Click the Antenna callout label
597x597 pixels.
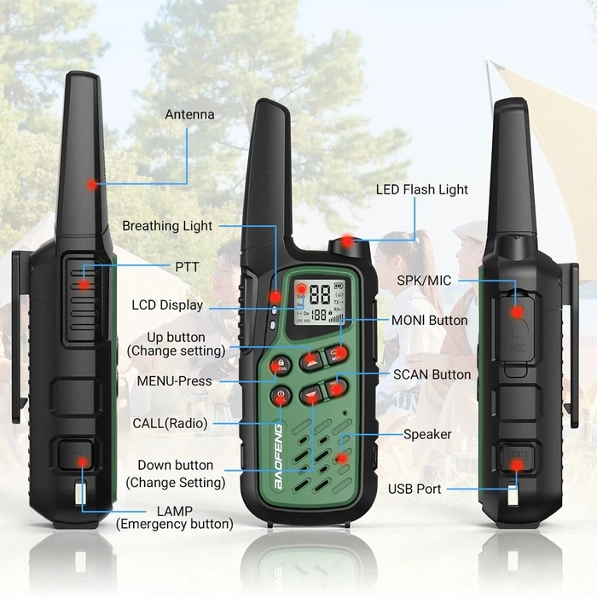pyautogui.click(x=189, y=114)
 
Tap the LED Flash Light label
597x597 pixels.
pyautogui.click(x=422, y=189)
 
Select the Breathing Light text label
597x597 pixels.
pyautogui.click(x=167, y=226)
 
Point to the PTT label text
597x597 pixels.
pyautogui.click(x=187, y=267)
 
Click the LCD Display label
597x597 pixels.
pyautogui.click(x=167, y=304)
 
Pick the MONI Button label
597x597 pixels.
pyautogui.click(x=429, y=320)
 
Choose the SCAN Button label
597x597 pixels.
pyautogui.click(x=432, y=374)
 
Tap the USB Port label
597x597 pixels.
pyautogui.click(x=415, y=489)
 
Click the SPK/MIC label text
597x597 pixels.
pyautogui.click(x=424, y=280)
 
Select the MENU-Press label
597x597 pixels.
pyautogui.click(x=174, y=380)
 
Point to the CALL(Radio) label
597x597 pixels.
pyautogui.click(x=170, y=422)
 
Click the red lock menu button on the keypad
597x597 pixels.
pyautogui.click(x=281, y=365)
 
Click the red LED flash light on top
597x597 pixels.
pyautogui.click(x=347, y=243)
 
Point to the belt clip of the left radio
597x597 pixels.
pyautogui.click(x=19, y=341)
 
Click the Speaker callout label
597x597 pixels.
pyautogui.click(x=427, y=434)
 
